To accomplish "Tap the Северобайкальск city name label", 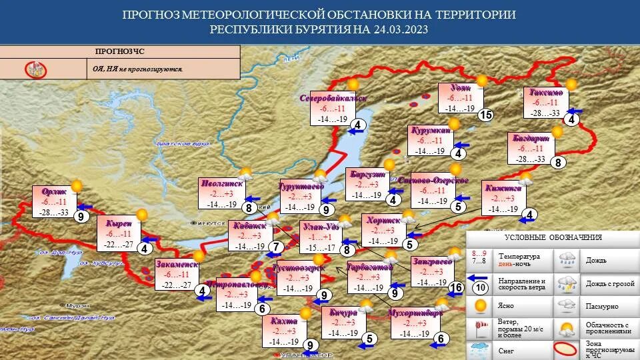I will (x=333, y=98).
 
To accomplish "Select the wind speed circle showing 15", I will (x=485, y=115).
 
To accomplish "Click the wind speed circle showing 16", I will (x=456, y=287).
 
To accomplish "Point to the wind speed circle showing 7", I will (x=276, y=247).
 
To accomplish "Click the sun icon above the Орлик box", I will (x=77, y=186).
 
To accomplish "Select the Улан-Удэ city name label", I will (x=321, y=227).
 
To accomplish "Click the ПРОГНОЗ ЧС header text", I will (x=120, y=51).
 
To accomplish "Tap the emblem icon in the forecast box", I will (x=35, y=69).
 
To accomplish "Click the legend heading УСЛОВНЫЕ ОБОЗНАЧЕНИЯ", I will (x=553, y=237).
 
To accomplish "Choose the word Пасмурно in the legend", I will (x=601, y=306).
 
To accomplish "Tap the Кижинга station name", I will (x=506, y=189).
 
